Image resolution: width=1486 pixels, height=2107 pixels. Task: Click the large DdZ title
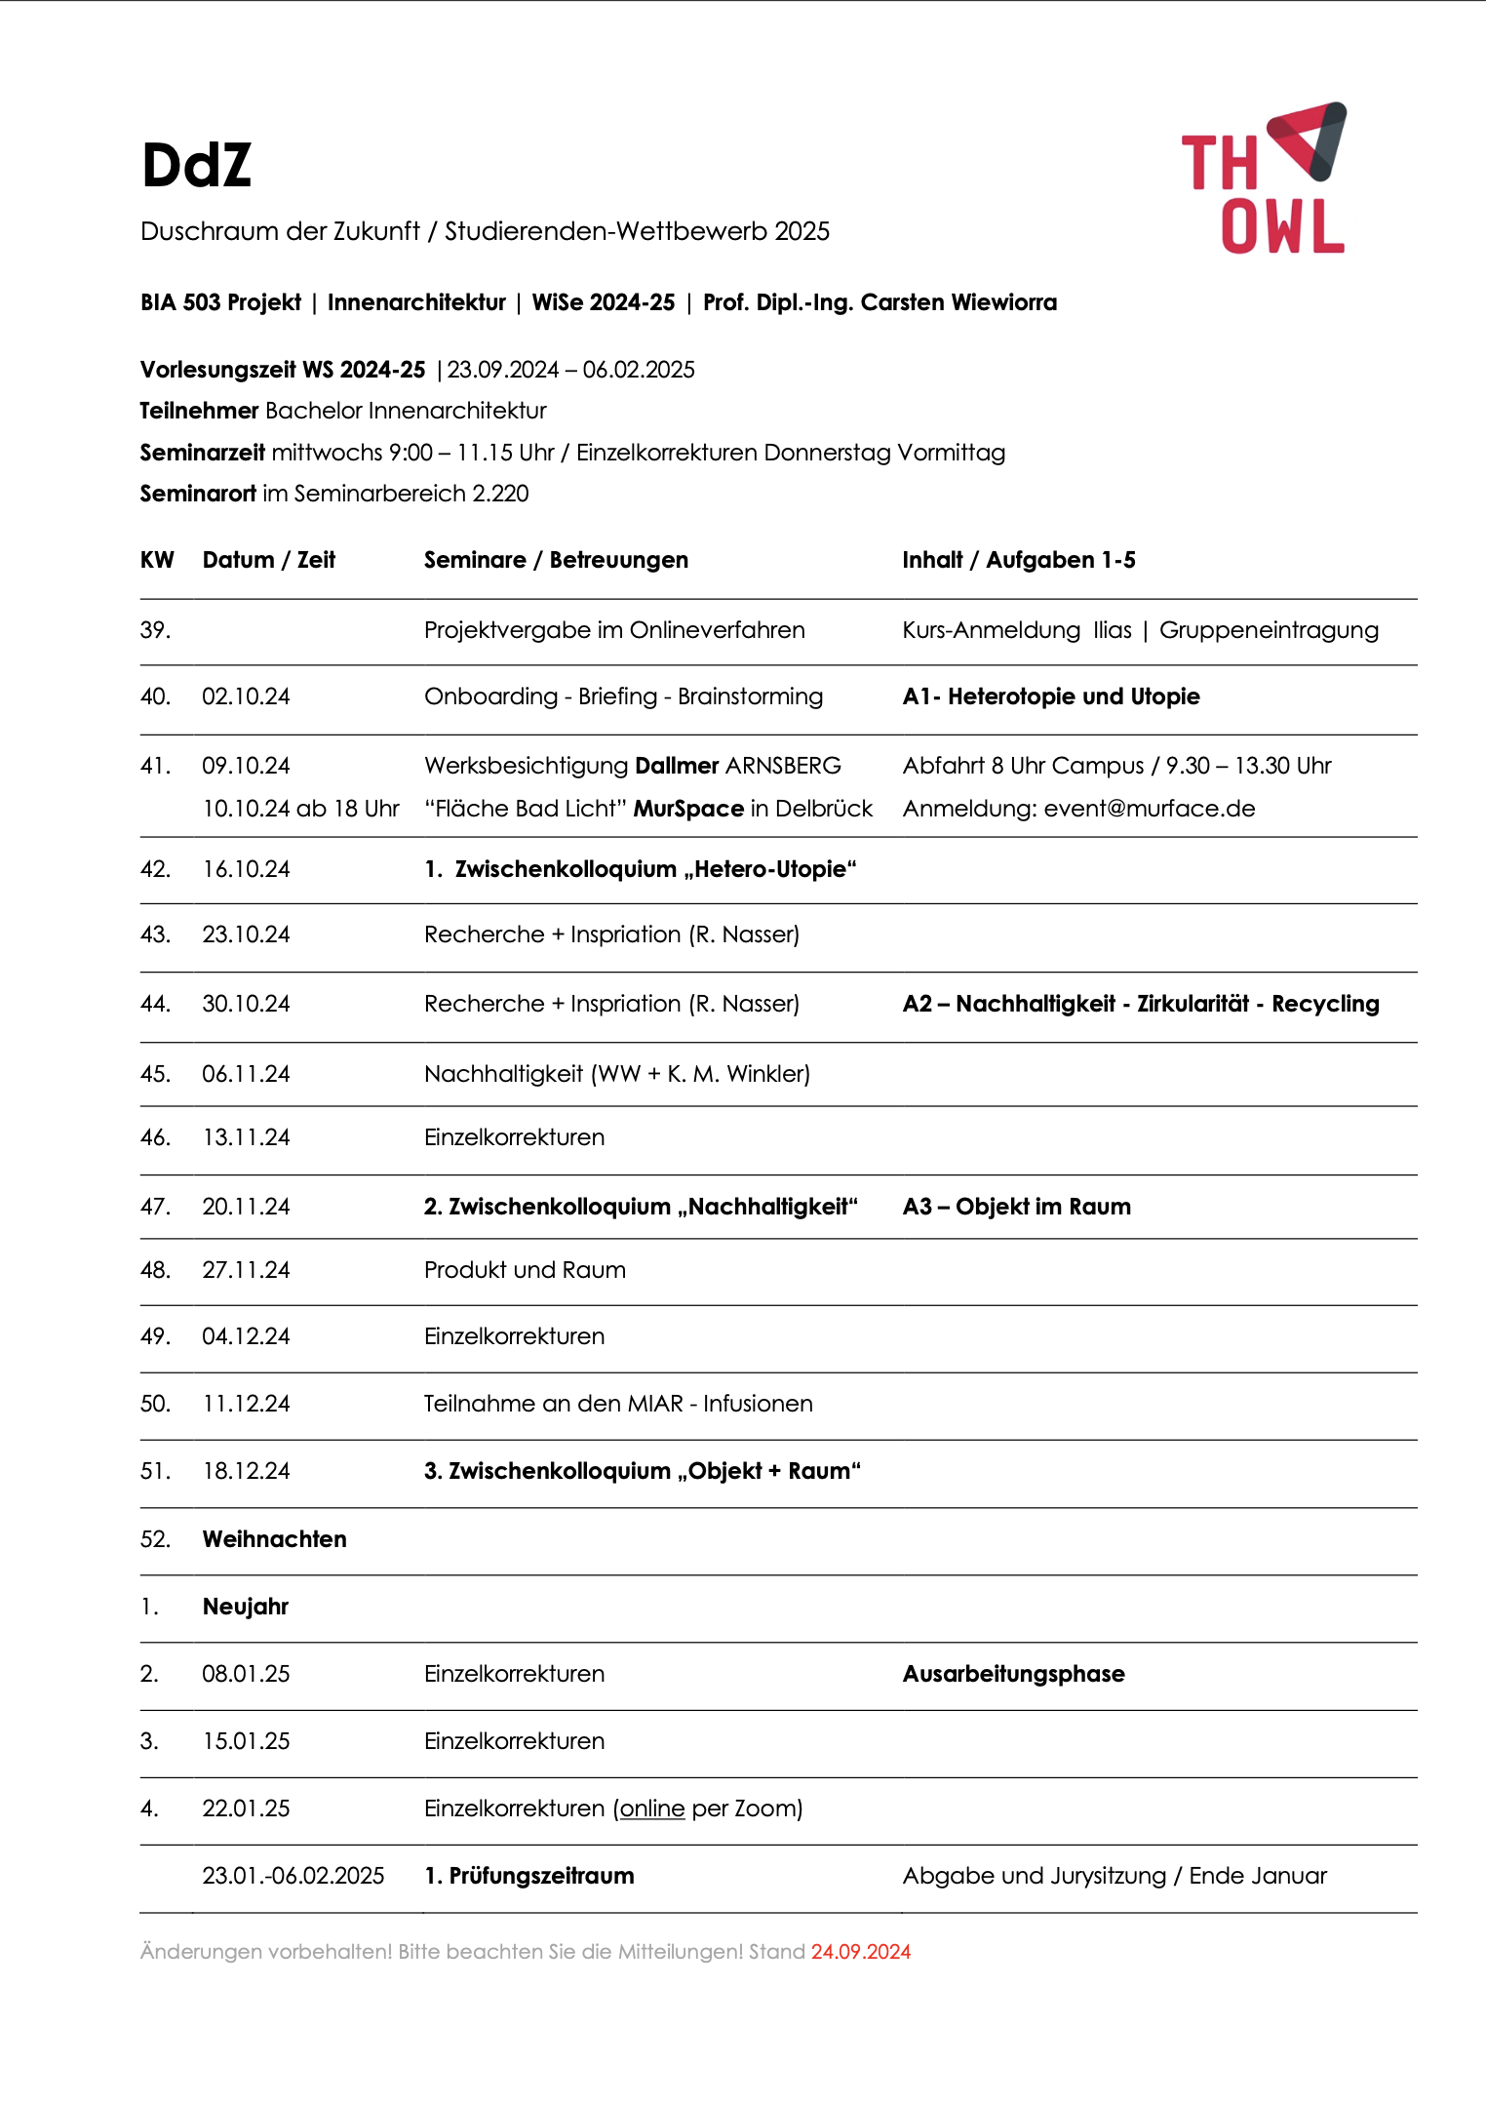(196, 164)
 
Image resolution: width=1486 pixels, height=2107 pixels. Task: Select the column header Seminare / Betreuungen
(556, 560)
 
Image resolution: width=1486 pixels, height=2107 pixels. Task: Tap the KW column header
(157, 560)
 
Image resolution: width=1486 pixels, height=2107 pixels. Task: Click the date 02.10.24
(246, 696)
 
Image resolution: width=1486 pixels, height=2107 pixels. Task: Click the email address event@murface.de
(1149, 809)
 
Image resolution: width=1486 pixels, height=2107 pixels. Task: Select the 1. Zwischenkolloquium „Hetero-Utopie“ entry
(640, 869)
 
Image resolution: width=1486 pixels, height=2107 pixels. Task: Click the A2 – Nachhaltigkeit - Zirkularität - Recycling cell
(1140, 1004)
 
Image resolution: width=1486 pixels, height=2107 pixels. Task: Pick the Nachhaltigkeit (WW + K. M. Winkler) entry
(616, 1074)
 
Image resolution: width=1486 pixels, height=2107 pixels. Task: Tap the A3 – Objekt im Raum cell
(1016, 1207)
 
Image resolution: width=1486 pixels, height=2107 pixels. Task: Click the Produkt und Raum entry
(525, 1270)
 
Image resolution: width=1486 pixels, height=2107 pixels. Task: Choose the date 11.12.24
(246, 1404)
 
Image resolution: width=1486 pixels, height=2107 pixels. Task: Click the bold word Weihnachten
(274, 1539)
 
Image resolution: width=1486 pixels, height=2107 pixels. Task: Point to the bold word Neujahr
(246, 1607)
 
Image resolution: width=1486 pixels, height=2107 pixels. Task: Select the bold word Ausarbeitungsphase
(1013, 1674)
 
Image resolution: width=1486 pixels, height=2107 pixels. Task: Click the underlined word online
(652, 1809)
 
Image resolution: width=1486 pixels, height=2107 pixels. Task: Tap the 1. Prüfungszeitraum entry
(528, 1876)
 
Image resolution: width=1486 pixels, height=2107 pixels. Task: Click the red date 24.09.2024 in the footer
(860, 1952)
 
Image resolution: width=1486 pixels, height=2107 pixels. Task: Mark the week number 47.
(155, 1207)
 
